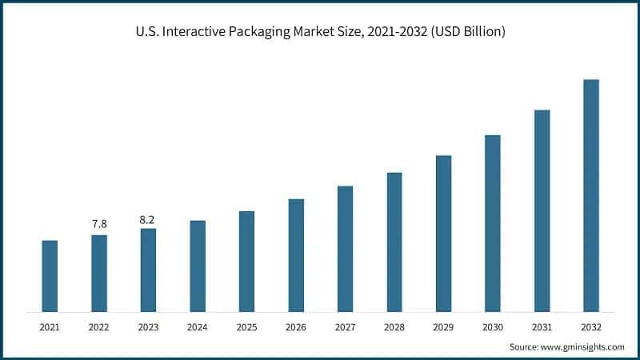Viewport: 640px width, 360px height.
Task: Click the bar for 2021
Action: (50, 276)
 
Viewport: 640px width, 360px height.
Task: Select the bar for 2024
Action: (198, 266)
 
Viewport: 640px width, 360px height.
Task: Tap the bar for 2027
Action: (345, 249)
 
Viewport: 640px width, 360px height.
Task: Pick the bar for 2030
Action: (493, 223)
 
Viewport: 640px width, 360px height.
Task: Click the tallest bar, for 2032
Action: (591, 195)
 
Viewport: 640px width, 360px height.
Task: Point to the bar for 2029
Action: (443, 234)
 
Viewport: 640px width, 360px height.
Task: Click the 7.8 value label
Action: (99, 224)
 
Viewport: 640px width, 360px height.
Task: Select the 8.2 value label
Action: (148, 218)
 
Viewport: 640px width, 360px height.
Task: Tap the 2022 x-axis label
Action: (99, 327)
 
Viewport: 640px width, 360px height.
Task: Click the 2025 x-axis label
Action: (246, 327)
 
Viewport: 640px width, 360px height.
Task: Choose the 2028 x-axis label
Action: (394, 327)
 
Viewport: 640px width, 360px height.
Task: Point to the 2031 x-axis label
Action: (542, 327)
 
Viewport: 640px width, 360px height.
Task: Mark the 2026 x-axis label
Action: (296, 327)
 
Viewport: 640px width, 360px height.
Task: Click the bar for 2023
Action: (148, 270)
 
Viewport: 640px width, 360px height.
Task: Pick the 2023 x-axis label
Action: (148, 327)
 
